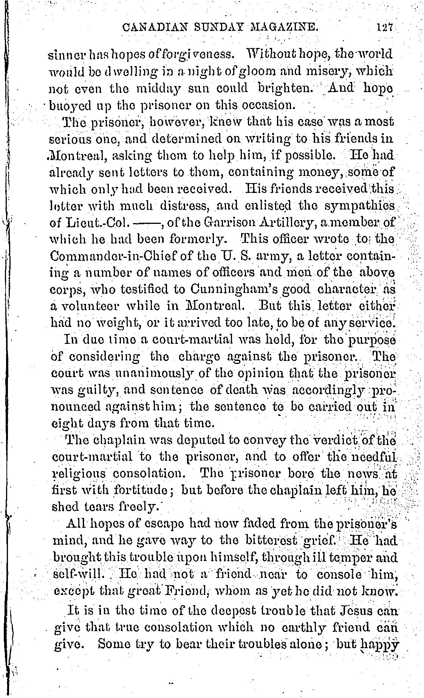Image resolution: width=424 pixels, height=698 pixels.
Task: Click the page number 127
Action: [384, 28]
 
